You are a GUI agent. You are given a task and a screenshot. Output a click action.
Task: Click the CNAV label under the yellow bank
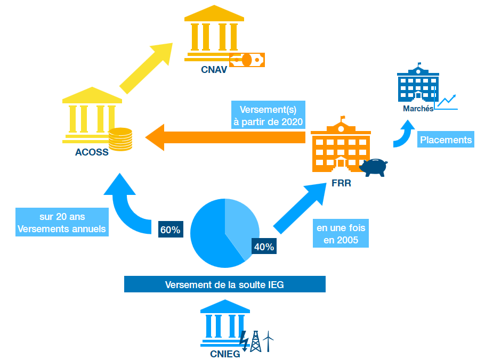214,70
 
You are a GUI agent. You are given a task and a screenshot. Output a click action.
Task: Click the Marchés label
418,109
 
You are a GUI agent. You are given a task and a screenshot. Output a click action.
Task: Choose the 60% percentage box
170,230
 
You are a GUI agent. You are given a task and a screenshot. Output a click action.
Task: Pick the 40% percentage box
264,247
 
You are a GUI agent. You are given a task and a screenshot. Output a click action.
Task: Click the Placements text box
446,140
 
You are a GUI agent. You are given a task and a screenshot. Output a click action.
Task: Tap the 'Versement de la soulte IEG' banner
224,284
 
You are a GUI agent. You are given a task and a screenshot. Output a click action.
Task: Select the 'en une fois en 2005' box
341,233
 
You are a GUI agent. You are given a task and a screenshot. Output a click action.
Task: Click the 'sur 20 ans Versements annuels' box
62,223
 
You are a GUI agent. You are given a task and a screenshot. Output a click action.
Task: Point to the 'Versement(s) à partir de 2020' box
268,115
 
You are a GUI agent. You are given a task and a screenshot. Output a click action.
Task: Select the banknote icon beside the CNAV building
247,60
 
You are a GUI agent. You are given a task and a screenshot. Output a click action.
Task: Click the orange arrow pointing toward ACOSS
224,137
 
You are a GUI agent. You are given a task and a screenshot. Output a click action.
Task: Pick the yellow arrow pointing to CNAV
147,68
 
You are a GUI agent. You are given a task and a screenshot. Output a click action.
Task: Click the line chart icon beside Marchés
447,102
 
